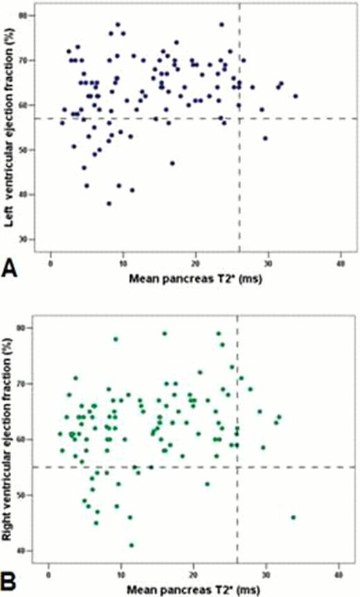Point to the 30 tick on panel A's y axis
[33, 239]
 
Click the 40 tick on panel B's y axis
[33, 551]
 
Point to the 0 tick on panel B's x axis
[48, 575]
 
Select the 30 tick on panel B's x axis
[266, 575]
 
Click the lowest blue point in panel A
[109, 203]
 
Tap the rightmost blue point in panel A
[296, 96]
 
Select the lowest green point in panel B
[132, 545]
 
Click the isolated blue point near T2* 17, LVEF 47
[172, 163]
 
